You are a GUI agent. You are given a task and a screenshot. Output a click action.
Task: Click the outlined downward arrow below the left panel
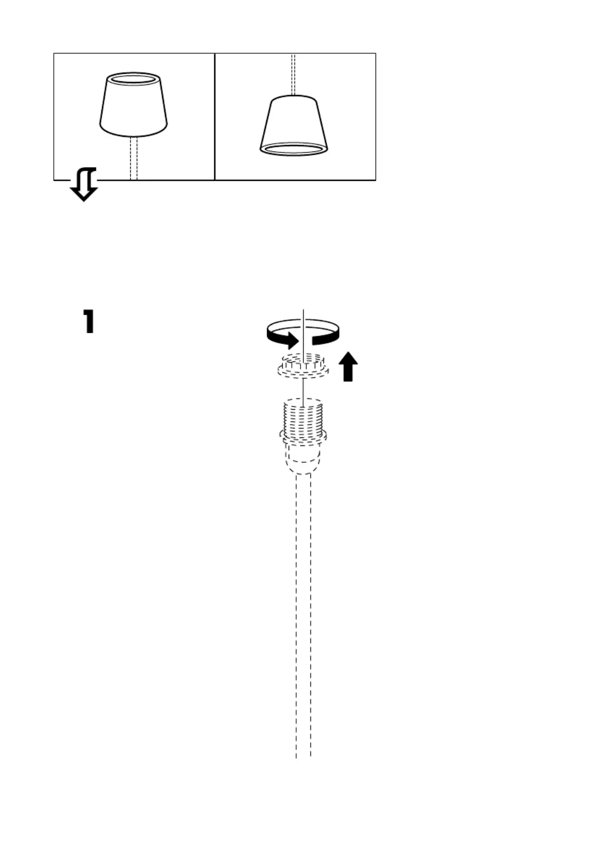coord(84,184)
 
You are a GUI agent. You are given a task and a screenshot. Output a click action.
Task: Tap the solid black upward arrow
coord(348,366)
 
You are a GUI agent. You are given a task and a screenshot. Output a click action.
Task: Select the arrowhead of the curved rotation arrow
coord(291,340)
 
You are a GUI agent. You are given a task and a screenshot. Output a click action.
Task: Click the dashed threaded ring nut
coord(303,367)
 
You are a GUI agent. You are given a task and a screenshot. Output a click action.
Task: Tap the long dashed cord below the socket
coord(303,616)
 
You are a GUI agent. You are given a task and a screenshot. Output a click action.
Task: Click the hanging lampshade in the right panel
coord(293,125)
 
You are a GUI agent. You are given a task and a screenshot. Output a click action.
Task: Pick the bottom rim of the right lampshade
coord(293,149)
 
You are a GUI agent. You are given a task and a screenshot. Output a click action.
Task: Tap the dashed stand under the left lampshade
coord(134,158)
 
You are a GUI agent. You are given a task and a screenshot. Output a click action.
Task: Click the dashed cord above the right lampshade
coord(293,74)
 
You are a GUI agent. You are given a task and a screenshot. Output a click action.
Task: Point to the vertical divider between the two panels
coord(214,117)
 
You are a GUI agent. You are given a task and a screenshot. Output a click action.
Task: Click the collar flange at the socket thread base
coord(303,436)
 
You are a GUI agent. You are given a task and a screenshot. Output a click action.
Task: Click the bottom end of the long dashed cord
coord(303,757)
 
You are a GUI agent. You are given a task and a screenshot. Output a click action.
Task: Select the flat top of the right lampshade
coord(293,98)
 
